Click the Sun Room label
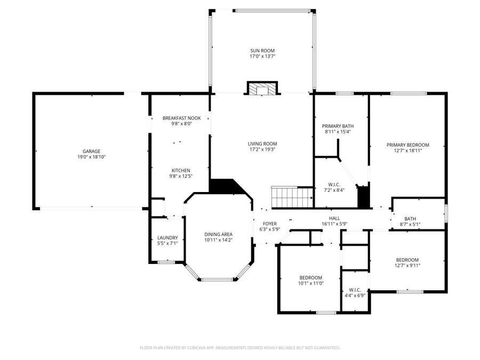(x=262, y=51)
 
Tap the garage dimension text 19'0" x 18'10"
(x=91, y=157)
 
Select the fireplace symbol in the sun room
(x=262, y=89)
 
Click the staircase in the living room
(x=292, y=197)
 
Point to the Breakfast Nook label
(x=178, y=118)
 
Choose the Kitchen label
(x=180, y=171)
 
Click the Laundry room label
(x=167, y=238)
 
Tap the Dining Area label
(x=219, y=234)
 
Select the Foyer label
(x=269, y=224)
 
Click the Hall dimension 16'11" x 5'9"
(x=334, y=224)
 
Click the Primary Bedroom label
(x=407, y=145)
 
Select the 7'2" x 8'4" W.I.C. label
(x=334, y=190)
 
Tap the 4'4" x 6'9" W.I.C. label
(x=355, y=295)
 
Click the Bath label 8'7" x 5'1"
(x=410, y=225)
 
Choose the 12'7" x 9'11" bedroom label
(x=407, y=265)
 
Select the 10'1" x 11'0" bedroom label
(x=310, y=283)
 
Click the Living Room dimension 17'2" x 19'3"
(x=262, y=149)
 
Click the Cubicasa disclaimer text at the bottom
(x=240, y=348)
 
